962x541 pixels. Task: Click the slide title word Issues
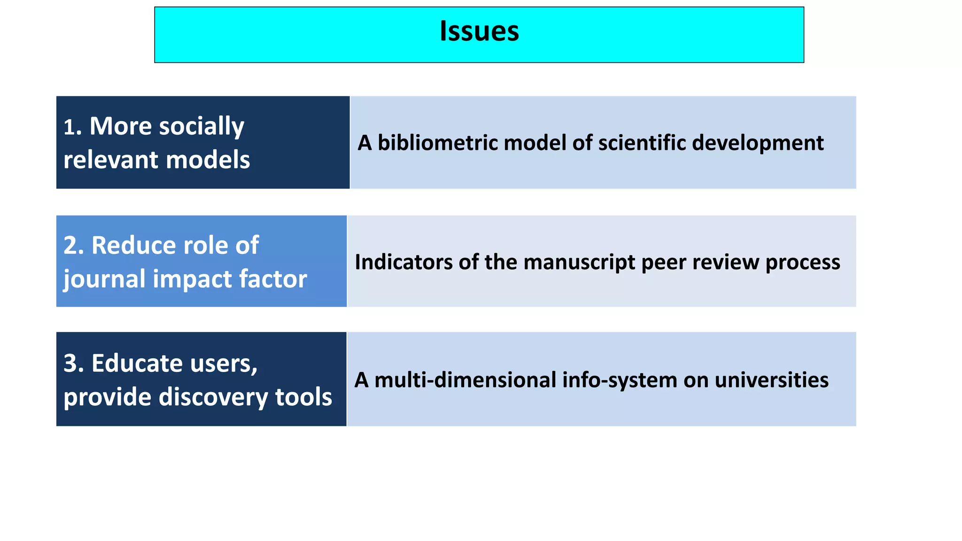point(479,31)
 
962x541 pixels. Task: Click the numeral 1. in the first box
point(73,127)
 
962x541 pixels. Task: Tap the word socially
point(202,126)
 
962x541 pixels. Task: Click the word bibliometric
point(437,143)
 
